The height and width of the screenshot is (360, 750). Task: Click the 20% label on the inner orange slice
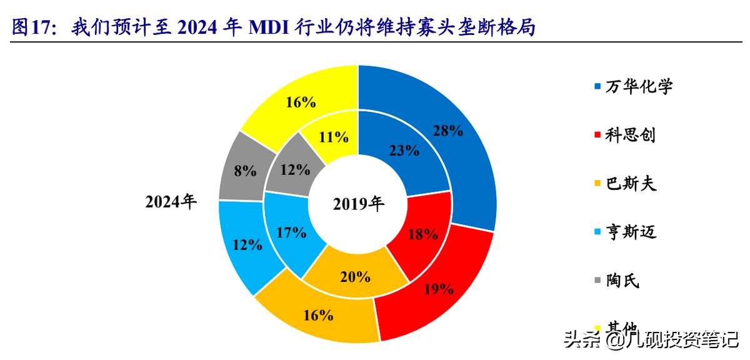(355, 276)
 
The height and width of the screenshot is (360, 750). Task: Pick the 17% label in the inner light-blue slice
(291, 232)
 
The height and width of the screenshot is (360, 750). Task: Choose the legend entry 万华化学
(639, 86)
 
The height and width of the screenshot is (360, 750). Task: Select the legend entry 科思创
(630, 134)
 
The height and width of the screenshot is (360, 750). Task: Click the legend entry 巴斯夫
(630, 184)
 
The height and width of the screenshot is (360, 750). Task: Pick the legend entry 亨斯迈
(630, 232)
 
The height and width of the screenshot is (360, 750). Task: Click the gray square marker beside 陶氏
(596, 281)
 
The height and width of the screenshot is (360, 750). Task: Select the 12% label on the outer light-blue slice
(247, 244)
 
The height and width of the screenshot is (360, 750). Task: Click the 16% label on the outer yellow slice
(300, 102)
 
